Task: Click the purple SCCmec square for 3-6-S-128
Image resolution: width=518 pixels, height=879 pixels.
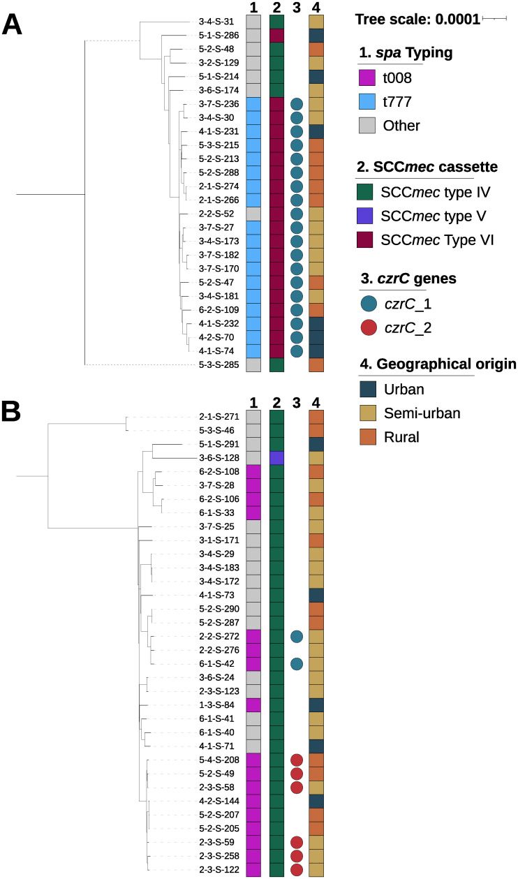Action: (x=277, y=457)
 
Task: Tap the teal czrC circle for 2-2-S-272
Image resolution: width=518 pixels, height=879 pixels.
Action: (x=296, y=636)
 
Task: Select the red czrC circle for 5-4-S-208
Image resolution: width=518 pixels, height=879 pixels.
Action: (x=296, y=760)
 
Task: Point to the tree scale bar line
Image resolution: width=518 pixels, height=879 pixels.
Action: (x=494, y=19)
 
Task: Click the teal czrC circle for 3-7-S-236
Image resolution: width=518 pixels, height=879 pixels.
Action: (x=296, y=104)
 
